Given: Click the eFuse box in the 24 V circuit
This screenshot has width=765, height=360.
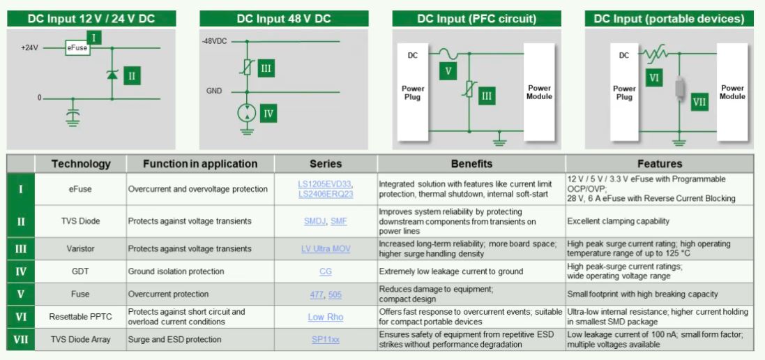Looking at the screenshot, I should click(77, 48).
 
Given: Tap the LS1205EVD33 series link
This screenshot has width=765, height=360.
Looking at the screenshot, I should click(324, 184).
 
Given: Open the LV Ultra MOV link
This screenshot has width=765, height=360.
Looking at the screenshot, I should click(325, 249).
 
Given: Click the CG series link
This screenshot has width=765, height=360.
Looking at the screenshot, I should click(325, 271).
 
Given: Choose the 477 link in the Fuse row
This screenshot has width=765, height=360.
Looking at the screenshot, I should click(317, 294).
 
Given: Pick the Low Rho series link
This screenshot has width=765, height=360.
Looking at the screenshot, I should click(325, 317).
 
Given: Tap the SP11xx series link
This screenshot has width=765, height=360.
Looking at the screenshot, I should click(325, 340).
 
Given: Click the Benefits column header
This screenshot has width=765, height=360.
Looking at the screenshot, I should click(471, 164).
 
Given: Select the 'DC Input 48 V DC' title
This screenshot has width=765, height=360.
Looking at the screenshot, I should click(284, 19).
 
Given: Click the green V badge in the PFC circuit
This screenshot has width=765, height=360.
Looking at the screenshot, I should click(448, 70).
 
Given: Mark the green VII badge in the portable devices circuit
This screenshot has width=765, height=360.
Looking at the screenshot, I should click(699, 103).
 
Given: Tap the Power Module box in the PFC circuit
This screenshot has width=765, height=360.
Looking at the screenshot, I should click(539, 92).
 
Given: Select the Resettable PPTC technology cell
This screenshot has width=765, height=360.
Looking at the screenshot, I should click(81, 317).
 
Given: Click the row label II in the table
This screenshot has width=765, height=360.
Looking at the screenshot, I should click(20, 221).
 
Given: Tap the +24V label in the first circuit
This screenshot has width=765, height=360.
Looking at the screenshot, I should click(30, 48).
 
